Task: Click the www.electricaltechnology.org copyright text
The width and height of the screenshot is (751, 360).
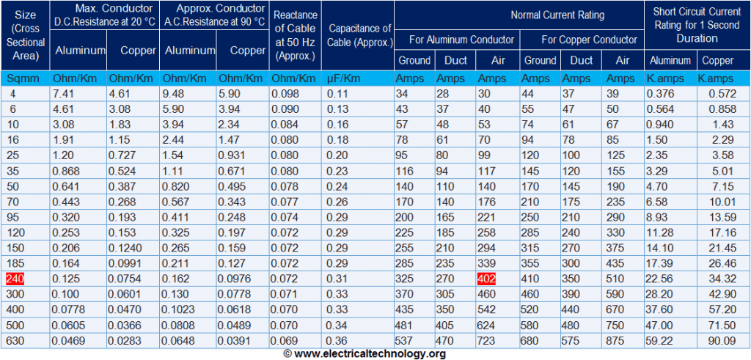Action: [364, 354]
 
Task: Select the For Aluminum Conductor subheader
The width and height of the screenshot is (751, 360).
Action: [457, 40]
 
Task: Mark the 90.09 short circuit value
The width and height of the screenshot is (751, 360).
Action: [722, 340]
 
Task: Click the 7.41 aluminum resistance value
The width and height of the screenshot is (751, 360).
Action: [65, 94]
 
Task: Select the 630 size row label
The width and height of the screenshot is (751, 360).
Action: [17, 340]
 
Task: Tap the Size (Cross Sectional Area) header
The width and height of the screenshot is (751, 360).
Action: [24, 35]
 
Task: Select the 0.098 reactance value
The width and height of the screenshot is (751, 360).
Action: [285, 94]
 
